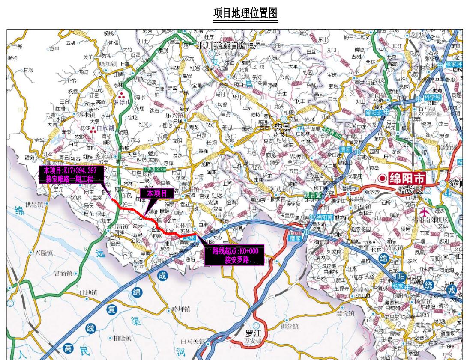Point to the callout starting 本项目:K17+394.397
click(x=70, y=175)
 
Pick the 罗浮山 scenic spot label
click(x=121, y=102)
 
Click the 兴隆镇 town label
click(x=44, y=253)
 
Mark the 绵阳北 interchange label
click(x=375, y=112)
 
